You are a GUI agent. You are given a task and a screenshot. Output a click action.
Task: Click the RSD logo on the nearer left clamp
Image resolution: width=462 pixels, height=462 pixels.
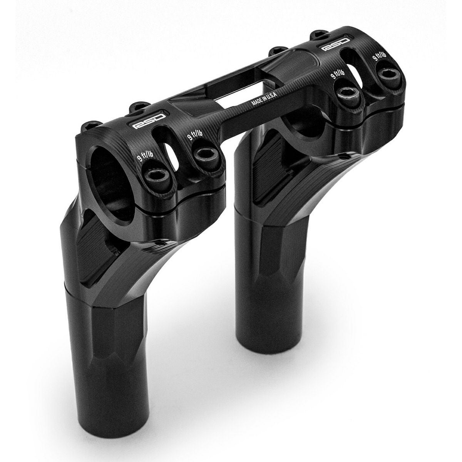[150, 119]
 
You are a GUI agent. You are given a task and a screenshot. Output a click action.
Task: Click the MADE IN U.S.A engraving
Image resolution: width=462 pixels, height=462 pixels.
[264, 99]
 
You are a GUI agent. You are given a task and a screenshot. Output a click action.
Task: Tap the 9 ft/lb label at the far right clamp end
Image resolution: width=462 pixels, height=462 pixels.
[379, 55]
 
